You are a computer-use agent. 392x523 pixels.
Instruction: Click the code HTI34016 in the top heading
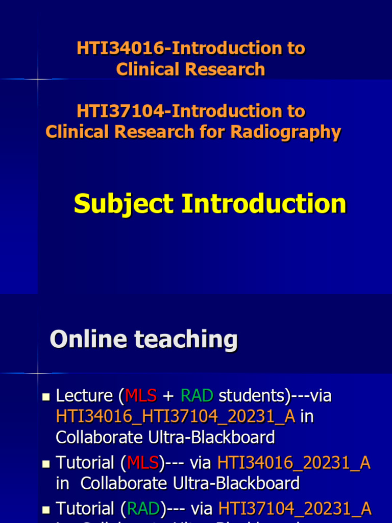(120, 49)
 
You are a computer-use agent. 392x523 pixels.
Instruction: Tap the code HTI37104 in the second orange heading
(120, 111)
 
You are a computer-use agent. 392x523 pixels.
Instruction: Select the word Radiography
(285, 132)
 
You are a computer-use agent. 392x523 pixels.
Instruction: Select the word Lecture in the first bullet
(84, 395)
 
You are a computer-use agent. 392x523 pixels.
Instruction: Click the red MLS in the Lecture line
(141, 395)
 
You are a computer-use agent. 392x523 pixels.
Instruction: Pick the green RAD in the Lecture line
(197, 395)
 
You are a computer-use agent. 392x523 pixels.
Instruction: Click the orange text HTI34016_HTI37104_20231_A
(176, 417)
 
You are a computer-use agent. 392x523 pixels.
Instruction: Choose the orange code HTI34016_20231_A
(294, 463)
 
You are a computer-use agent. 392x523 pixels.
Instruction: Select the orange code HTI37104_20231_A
(295, 509)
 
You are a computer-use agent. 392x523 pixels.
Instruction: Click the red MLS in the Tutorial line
(143, 463)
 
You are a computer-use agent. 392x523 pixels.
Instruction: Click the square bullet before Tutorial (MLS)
(46, 464)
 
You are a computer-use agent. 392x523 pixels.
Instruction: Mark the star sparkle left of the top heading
(38, 79)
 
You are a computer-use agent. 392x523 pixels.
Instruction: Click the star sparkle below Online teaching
(38, 373)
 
